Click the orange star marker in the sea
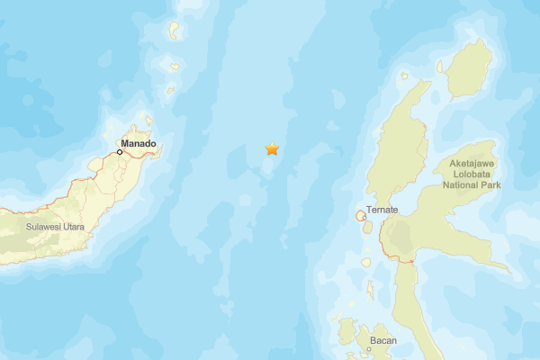[272, 148]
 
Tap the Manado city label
[139, 143]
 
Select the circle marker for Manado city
[120, 152]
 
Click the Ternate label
[382, 210]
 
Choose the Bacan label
[382, 341]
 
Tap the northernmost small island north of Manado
[175, 31]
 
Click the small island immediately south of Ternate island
[367, 227]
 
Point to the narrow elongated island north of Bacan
[370, 291]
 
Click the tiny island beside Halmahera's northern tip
[440, 66]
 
